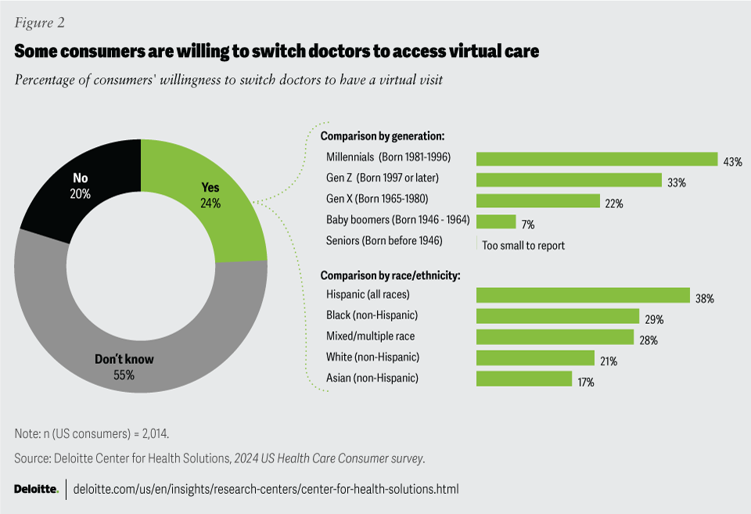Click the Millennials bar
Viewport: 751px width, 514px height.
click(x=597, y=159)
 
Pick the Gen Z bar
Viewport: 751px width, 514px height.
click(x=570, y=180)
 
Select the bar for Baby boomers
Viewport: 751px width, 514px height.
click(x=496, y=221)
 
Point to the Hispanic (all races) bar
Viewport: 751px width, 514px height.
click(x=583, y=295)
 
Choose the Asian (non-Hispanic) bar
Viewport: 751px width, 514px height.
click(x=524, y=379)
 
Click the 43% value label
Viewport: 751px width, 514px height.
click(x=732, y=162)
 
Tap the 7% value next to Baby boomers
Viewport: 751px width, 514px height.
click(x=528, y=225)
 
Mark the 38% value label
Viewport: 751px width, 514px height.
click(x=704, y=298)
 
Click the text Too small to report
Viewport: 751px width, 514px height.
click(x=523, y=245)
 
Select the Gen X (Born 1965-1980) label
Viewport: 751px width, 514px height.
click(x=377, y=199)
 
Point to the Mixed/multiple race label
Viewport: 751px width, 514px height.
click(x=370, y=336)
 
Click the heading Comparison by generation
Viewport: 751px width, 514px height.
click(x=372, y=135)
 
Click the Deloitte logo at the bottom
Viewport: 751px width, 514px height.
click(x=36, y=489)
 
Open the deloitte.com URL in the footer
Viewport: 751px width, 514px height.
click(x=265, y=489)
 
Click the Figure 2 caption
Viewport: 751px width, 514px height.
click(x=39, y=22)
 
